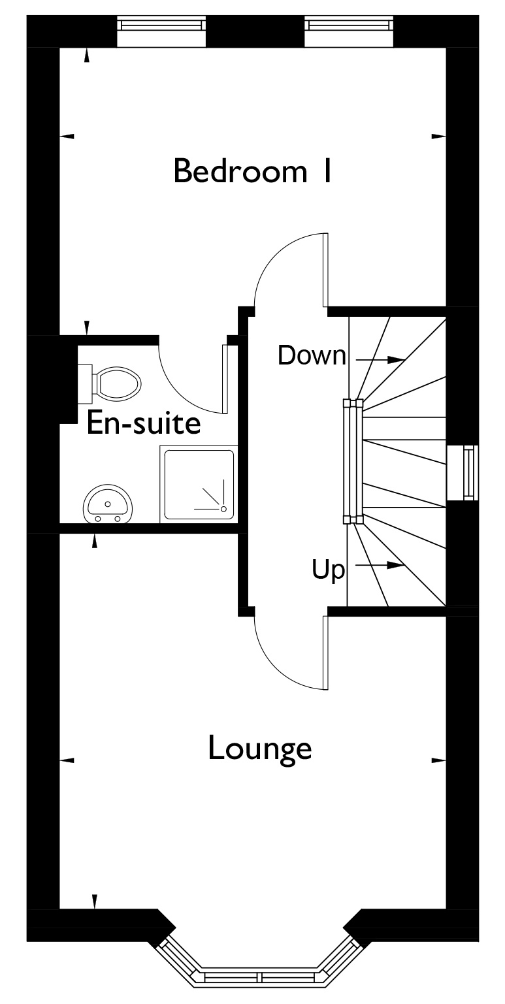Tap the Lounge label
coord(259,749)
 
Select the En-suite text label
coord(143,424)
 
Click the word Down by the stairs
coord(311,356)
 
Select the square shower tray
coord(198,485)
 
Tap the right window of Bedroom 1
coord(350,24)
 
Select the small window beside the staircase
coord(468,473)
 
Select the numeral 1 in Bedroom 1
coord(327,171)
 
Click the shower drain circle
coord(223,508)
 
